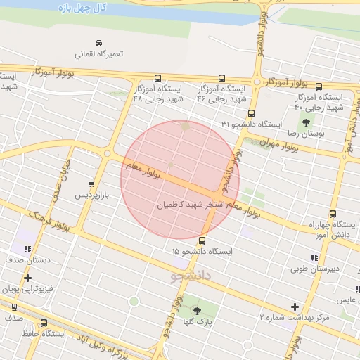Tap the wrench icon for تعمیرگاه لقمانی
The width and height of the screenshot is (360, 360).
[97, 41]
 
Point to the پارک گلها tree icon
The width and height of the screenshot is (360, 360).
[196, 309]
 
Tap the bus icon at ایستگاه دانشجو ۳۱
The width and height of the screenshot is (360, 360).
[252, 114]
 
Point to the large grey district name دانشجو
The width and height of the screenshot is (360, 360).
[193, 275]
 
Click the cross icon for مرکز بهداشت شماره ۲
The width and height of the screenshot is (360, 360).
[295, 307]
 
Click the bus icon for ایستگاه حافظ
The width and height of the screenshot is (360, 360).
[44, 323]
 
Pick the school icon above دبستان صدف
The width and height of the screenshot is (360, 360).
[27, 248]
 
